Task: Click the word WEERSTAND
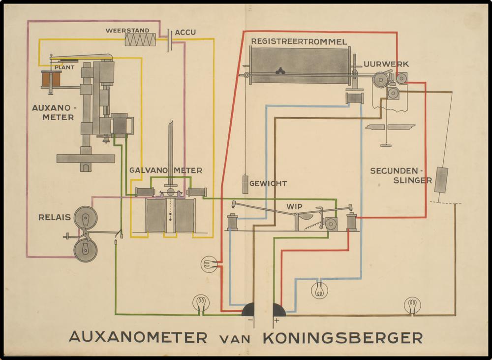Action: (x=127, y=31)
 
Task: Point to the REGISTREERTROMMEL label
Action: (x=299, y=41)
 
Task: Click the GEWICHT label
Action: (x=268, y=183)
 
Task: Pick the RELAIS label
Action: (x=53, y=217)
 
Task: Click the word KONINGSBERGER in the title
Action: (x=343, y=338)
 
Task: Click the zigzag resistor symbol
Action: (x=140, y=39)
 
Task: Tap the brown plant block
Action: (x=51, y=78)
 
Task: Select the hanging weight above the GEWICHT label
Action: (x=245, y=184)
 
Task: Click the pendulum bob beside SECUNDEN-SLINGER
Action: (x=441, y=180)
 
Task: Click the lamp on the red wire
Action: (x=209, y=264)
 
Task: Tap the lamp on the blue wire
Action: (x=319, y=290)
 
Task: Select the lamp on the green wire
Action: (x=200, y=302)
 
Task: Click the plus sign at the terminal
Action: (x=277, y=321)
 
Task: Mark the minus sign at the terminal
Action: (x=250, y=321)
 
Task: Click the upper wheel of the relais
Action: (x=85, y=217)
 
